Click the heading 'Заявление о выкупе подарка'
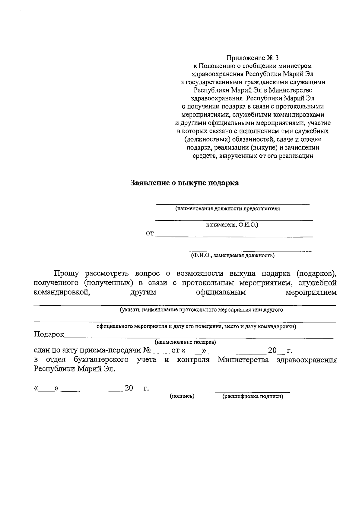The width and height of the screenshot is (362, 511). click(184, 183)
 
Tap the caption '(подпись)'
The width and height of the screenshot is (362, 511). click(182, 396)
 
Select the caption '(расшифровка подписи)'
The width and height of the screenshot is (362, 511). click(252, 396)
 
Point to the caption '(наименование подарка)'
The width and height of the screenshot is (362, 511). click(185, 342)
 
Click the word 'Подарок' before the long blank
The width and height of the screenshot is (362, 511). click(49, 334)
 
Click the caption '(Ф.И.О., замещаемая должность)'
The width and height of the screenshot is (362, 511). click(232, 256)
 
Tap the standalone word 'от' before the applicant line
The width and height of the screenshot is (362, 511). click(150, 233)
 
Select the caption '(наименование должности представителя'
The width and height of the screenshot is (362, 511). click(228, 208)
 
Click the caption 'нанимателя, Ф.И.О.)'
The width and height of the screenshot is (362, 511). click(232, 225)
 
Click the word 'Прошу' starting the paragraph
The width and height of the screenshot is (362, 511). click(66, 274)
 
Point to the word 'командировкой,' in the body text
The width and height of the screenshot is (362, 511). click(62, 292)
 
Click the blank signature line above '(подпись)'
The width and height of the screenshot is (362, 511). click(182, 392)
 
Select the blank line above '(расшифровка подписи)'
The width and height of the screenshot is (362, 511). click(252, 392)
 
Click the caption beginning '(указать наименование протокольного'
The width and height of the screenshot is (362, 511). click(201, 310)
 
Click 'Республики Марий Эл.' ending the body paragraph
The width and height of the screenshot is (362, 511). click(74, 369)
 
